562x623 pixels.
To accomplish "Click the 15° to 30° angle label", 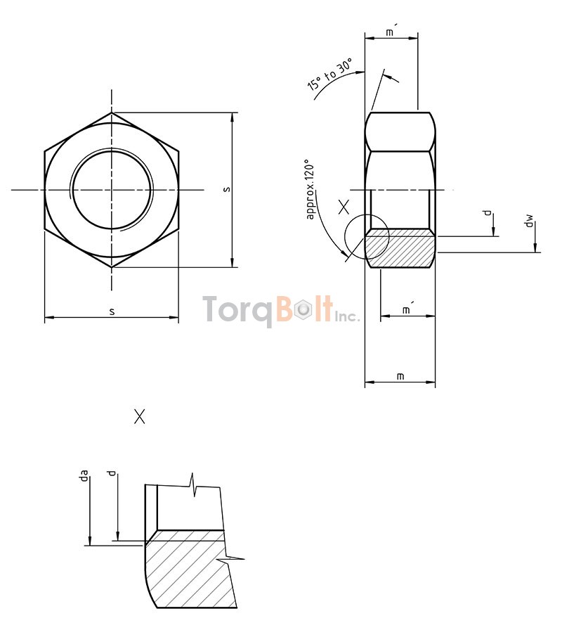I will point(329,77).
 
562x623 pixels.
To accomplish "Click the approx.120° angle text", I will point(312,193).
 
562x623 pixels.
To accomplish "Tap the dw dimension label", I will point(529,223).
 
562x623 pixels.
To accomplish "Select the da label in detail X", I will point(84,477).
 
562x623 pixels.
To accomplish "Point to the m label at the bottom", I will point(400,376).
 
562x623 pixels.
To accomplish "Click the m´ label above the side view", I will point(391,32).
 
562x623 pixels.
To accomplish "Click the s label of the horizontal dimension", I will point(112,311).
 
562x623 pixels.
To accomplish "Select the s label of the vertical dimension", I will point(226,189).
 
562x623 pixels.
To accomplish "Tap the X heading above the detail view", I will point(140,416).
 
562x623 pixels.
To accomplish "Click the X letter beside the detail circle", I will point(344,207).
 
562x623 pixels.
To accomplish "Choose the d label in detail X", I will point(110,477).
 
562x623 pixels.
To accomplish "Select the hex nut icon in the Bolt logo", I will point(302,310).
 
